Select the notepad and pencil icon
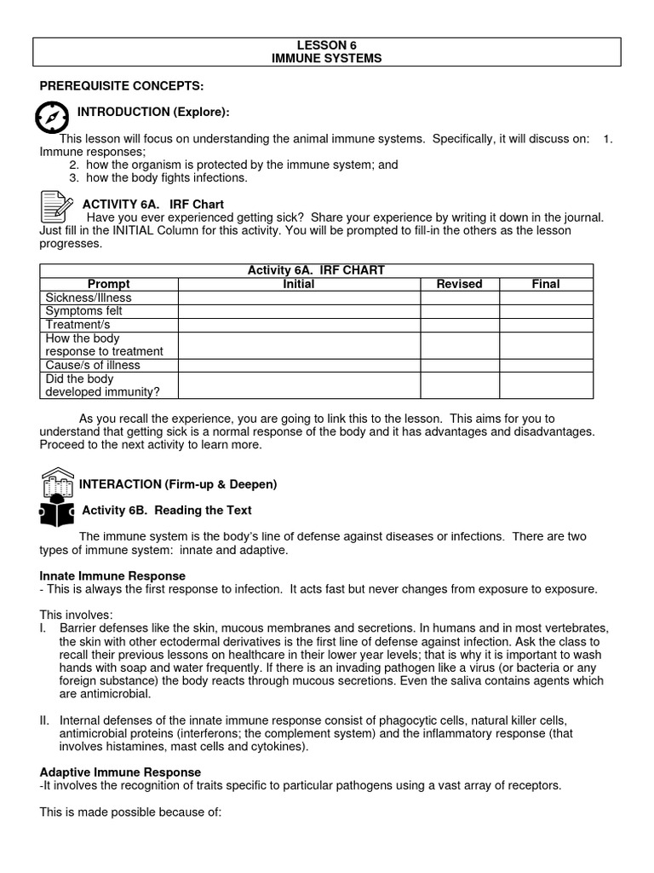tap(56, 207)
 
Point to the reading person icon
tap(57, 512)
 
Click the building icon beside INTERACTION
tap(57, 483)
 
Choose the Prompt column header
tap(108, 284)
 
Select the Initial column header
tap(299, 284)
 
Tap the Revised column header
tap(459, 284)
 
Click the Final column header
tap(546, 284)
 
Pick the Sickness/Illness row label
tap(89, 298)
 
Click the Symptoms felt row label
tap(84, 311)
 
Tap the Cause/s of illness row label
tap(93, 365)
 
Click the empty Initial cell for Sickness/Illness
tap(299, 298)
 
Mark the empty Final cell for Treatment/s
tap(546, 325)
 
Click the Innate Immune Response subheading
tap(112, 576)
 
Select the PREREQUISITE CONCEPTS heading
tap(122, 86)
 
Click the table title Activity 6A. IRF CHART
tap(316, 270)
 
